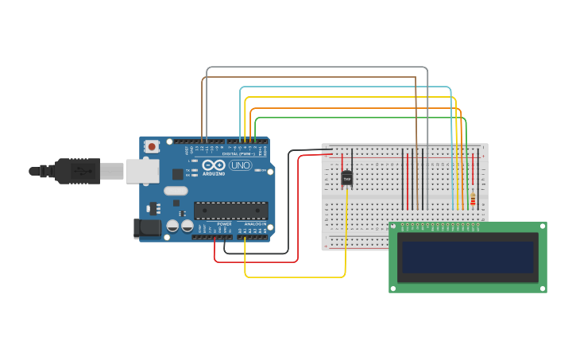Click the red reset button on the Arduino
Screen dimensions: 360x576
tap(152, 146)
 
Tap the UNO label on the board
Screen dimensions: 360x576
tap(240, 165)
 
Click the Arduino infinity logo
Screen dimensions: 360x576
tap(214, 165)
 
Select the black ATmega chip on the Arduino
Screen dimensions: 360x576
tap(230, 211)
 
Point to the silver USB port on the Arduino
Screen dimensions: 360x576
tap(142, 171)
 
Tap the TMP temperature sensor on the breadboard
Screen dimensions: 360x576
tap(347, 178)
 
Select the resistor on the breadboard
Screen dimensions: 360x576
tap(473, 199)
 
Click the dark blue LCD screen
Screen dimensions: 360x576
tap(467, 257)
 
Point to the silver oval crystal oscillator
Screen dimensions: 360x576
tap(175, 191)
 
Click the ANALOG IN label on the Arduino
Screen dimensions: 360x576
tap(255, 224)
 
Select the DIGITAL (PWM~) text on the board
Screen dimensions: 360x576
tap(245, 153)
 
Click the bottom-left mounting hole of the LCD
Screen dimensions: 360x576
tap(394, 287)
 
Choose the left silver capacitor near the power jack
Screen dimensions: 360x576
tap(172, 226)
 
